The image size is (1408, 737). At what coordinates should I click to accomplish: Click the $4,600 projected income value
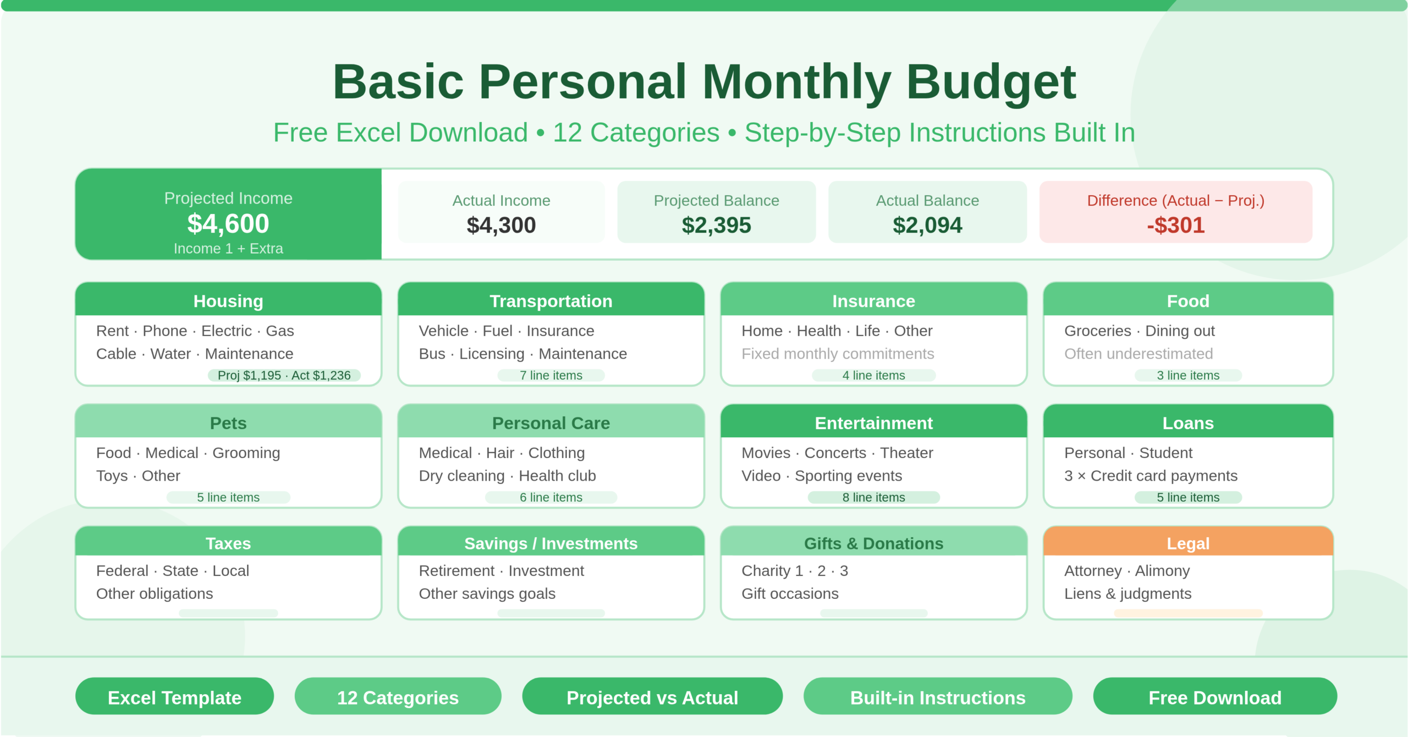(228, 224)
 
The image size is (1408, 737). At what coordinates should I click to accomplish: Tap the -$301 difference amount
(1175, 226)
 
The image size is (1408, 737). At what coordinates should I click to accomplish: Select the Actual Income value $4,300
(501, 226)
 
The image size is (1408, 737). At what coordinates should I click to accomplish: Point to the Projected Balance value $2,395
(716, 226)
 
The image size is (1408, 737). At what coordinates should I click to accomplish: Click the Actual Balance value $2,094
(927, 226)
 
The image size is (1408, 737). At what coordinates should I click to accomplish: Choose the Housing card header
(228, 301)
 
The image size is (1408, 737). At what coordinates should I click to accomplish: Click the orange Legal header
(1188, 543)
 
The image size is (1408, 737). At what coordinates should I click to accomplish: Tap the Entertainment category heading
(873, 423)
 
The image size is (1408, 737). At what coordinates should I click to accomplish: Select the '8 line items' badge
(873, 497)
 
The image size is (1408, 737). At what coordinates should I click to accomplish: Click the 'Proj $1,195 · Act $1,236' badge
(284, 375)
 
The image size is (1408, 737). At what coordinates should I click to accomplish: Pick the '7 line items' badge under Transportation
(551, 375)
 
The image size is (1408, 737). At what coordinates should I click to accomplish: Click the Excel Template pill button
(174, 697)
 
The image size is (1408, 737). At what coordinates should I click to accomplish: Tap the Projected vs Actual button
(652, 697)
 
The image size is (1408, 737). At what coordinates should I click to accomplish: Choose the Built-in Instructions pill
(938, 697)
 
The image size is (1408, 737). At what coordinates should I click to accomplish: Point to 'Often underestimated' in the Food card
(1138, 354)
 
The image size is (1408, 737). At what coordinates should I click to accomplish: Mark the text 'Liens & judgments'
(1127, 593)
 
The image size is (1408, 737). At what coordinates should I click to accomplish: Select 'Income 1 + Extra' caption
(228, 249)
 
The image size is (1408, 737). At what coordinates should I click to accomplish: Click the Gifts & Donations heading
(873, 543)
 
